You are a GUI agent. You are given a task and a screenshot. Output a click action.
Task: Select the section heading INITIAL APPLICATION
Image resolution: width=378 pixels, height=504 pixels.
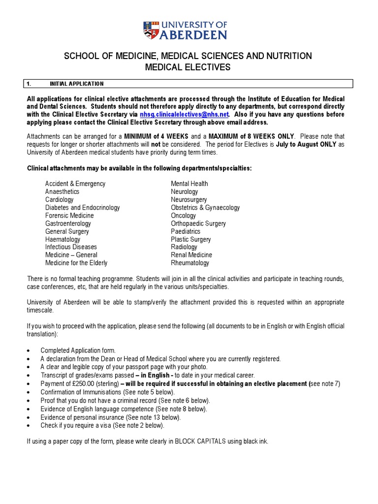coord(76,84)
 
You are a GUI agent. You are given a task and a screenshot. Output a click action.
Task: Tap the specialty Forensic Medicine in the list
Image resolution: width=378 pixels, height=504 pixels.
coord(69,216)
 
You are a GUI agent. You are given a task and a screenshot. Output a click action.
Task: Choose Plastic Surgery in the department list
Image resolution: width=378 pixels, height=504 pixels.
coord(190,239)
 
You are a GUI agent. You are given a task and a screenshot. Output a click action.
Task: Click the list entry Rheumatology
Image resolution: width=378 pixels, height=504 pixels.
coord(189,263)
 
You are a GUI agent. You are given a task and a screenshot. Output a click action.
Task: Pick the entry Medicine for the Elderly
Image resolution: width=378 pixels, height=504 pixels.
coord(76,263)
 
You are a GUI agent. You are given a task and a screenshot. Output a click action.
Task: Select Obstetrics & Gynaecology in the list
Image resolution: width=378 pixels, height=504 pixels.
coord(205,208)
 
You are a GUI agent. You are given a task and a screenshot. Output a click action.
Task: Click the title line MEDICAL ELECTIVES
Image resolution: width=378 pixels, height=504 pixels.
coord(187,67)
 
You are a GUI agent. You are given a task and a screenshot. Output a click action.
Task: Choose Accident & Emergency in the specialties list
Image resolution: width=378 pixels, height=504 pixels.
coord(75,184)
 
